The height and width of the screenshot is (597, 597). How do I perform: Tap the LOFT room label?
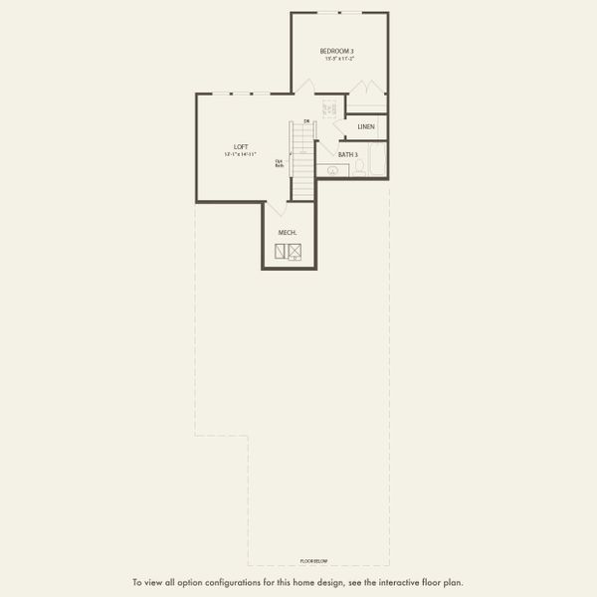pyautogui.click(x=240, y=146)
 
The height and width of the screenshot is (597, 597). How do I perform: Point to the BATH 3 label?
pyautogui.click(x=347, y=155)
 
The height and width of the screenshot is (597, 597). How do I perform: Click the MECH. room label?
pyautogui.click(x=289, y=233)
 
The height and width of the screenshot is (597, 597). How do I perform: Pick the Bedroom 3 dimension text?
pyautogui.click(x=339, y=60)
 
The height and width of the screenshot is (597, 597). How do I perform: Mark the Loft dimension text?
pyautogui.click(x=240, y=155)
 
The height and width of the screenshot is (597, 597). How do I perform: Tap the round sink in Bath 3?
pyautogui.click(x=332, y=170)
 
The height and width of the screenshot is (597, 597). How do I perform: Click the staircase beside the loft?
pyautogui.click(x=302, y=159)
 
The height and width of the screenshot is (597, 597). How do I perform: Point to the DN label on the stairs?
pyautogui.click(x=307, y=122)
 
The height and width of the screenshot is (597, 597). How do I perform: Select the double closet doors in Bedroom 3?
pyautogui.click(x=367, y=100)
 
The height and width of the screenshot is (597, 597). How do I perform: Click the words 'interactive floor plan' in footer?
pyautogui.click(x=423, y=582)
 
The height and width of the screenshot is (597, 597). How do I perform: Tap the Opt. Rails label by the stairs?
pyautogui.click(x=279, y=162)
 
